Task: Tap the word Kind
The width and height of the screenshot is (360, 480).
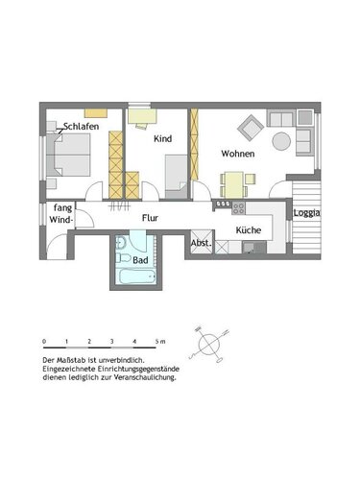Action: tap(162, 139)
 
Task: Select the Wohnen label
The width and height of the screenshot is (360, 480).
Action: tap(237, 154)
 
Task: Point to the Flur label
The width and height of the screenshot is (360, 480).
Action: tap(151, 218)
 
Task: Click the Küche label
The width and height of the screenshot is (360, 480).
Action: tap(249, 230)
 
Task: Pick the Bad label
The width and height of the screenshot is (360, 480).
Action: tap(140, 260)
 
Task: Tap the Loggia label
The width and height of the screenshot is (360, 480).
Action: tap(307, 213)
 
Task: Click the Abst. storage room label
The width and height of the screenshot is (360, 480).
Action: tap(201, 243)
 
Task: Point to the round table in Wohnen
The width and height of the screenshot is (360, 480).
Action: tap(280, 141)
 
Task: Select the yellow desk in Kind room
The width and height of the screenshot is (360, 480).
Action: tap(145, 116)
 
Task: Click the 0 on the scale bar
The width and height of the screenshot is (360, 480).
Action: tap(44, 341)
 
